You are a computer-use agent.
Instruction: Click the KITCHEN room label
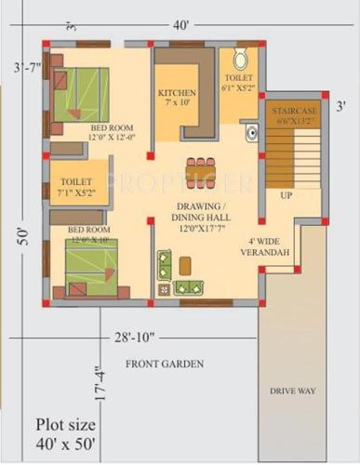(x=177, y=98)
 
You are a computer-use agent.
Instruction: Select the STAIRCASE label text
(x=295, y=115)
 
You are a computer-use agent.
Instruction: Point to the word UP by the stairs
(x=286, y=196)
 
